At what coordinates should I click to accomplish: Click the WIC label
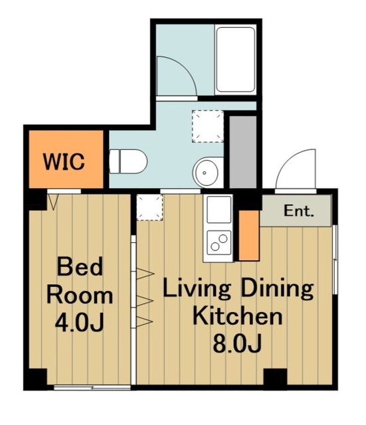64,161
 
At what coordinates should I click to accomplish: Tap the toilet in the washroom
128,161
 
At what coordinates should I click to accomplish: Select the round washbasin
205,173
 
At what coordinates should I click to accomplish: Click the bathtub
236,60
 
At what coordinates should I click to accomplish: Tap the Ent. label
299,211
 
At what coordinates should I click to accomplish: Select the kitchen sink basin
219,209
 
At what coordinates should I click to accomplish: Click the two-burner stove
219,242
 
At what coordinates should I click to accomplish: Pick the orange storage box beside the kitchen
249,236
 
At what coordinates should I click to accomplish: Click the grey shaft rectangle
243,152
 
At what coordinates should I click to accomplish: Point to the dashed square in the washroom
208,126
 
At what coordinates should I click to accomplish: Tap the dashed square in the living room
149,207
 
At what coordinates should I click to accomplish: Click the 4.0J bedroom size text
80,323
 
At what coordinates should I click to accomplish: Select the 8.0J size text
237,343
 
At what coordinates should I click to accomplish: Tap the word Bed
80,266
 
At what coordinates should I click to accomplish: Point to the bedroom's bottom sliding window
92,388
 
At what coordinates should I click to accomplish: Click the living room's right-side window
335,260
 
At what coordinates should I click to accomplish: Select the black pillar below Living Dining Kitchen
275,379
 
